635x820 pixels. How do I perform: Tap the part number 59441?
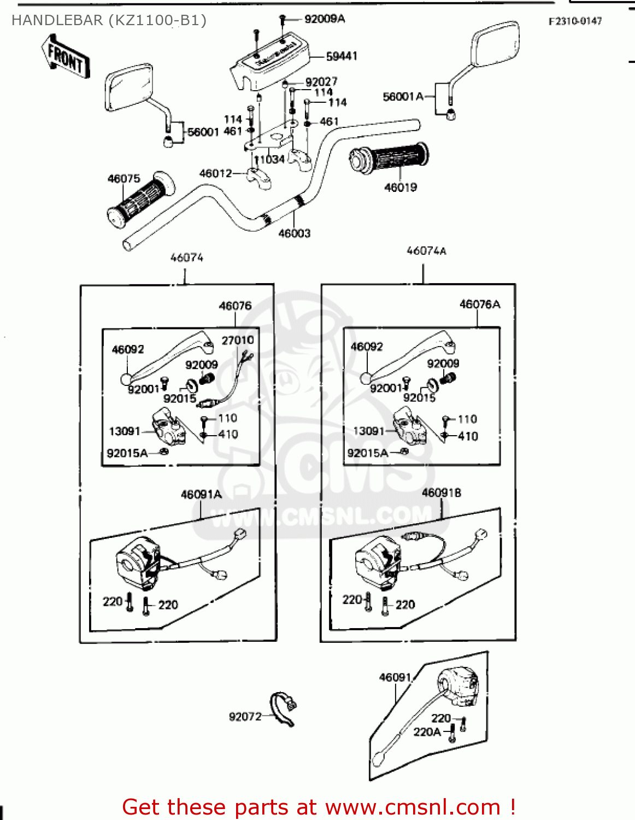342,56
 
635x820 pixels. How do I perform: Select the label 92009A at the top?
325,19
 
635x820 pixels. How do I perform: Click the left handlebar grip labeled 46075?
141,201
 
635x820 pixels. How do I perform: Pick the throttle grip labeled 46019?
389,158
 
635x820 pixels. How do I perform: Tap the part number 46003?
295,233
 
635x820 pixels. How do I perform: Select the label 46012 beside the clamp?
216,173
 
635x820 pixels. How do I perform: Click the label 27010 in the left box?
238,340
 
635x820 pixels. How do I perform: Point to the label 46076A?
480,304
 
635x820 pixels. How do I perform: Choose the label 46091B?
442,493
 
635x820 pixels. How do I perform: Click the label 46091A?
201,495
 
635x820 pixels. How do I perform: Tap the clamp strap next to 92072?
283,708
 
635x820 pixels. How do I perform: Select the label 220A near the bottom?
427,732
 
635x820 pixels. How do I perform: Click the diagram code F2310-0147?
575,21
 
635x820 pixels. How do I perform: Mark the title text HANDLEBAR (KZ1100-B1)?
109,20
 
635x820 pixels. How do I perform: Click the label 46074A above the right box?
426,251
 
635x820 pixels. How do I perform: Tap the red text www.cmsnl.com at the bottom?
413,807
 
